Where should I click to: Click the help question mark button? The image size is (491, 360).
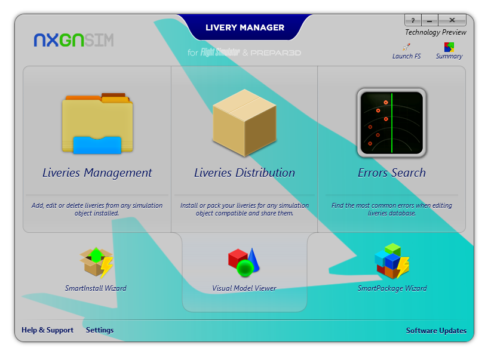pyautogui.click(x=413, y=20)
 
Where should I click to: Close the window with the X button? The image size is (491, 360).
pyautogui.click(x=452, y=20)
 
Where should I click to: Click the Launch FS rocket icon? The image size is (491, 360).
pyautogui.click(x=406, y=47)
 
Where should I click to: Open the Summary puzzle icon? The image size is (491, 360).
pyautogui.click(x=449, y=47)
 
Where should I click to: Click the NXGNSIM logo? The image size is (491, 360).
pyautogui.click(x=73, y=40)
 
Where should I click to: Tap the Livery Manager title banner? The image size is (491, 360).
pyautogui.click(x=245, y=27)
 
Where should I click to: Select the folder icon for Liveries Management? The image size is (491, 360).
pyautogui.click(x=97, y=124)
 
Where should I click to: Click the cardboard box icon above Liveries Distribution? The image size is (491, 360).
pyautogui.click(x=244, y=123)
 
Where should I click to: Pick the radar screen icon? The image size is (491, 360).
pyautogui.click(x=392, y=123)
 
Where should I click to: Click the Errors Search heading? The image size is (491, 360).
pyautogui.click(x=392, y=173)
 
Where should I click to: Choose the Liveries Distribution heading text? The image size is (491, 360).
pyautogui.click(x=244, y=173)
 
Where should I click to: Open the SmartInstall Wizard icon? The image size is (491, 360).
pyautogui.click(x=96, y=263)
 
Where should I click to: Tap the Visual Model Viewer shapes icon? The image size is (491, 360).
pyautogui.click(x=244, y=262)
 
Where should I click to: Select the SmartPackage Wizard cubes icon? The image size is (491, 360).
pyautogui.click(x=392, y=261)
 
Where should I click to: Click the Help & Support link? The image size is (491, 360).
pyautogui.click(x=48, y=330)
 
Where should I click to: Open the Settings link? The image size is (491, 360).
pyautogui.click(x=100, y=330)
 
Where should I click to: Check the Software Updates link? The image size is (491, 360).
pyautogui.click(x=436, y=331)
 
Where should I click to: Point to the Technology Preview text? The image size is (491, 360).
pyautogui.click(x=435, y=32)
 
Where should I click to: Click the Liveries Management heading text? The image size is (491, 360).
pyautogui.click(x=97, y=173)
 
